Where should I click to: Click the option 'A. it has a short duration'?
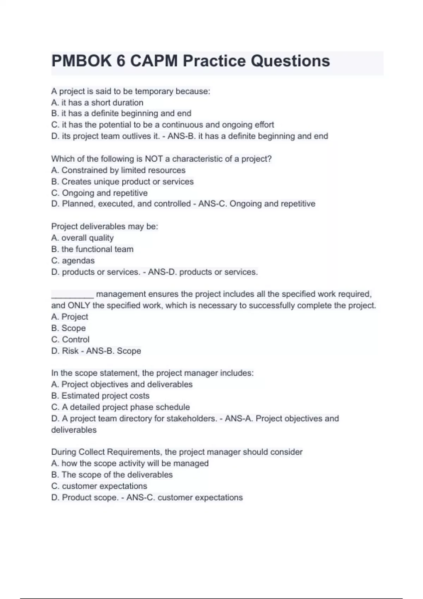point(97,103)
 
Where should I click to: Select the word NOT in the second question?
point(154,159)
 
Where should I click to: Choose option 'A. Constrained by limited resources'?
point(118,170)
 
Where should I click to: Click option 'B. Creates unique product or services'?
point(122,181)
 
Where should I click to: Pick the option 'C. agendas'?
point(73,260)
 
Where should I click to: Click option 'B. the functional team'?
point(92,249)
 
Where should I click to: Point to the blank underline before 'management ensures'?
point(72,295)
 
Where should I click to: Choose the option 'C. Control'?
point(70,339)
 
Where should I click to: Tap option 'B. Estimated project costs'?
point(100,396)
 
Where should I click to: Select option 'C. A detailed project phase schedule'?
point(121,407)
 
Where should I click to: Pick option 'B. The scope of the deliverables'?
point(112,475)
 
